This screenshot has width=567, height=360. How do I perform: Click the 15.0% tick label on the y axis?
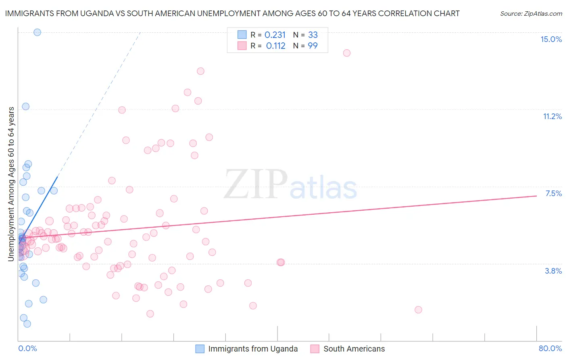551,39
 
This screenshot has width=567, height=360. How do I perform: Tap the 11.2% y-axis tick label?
552,116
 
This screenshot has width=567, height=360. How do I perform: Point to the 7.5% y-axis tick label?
553,193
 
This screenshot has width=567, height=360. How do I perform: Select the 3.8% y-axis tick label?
553,271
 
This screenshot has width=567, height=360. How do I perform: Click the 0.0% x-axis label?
27,348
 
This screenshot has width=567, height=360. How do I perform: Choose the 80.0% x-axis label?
550,348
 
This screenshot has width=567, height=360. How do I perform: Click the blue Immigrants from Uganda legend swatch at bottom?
200,349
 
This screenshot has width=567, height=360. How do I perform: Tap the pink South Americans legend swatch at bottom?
315,349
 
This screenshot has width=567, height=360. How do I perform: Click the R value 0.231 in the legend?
275,35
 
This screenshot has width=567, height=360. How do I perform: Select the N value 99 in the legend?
313,46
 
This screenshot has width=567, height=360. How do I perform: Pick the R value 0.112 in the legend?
276,46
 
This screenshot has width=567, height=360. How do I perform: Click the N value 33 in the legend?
313,35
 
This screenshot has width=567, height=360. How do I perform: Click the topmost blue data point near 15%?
37,32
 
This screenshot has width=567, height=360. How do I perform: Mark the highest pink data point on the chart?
346,53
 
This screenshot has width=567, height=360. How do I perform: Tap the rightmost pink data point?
418,310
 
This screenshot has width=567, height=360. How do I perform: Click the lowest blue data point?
27,324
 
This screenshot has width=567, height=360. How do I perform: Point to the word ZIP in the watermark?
255,184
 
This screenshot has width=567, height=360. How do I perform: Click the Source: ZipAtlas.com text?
531,14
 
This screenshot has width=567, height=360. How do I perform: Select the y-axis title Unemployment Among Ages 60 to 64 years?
11,184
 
